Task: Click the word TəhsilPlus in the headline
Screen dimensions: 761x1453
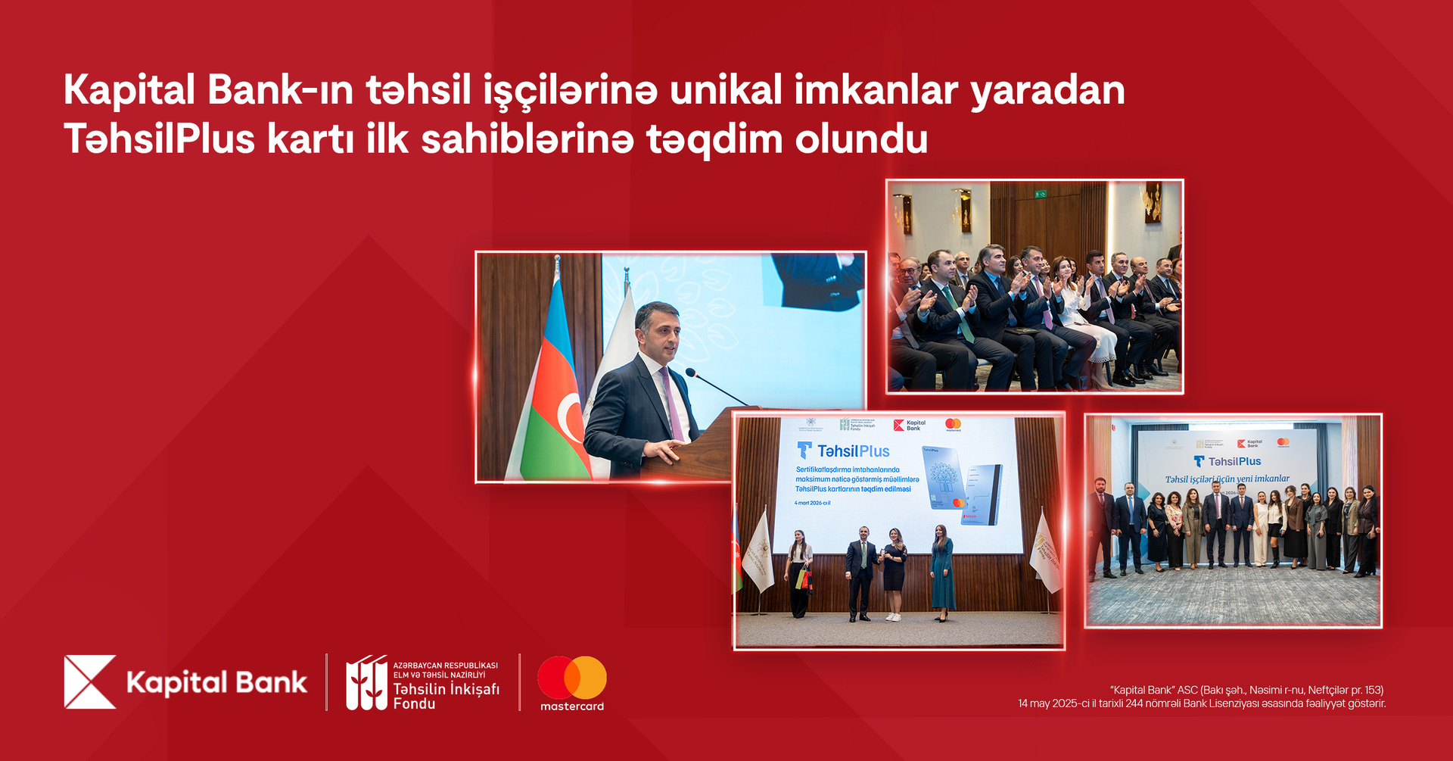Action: (160, 139)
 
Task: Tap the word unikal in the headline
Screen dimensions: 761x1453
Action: (725, 91)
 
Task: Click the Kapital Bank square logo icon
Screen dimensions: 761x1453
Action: (90, 681)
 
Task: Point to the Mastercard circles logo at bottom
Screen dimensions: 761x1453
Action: (572, 677)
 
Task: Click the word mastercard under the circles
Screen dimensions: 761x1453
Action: (572, 706)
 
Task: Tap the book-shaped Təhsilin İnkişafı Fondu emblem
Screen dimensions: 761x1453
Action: (366, 682)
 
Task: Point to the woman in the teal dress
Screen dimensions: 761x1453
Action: (942, 572)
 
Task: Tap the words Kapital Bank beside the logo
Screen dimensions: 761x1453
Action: (216, 683)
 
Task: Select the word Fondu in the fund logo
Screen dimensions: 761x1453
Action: (414, 704)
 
